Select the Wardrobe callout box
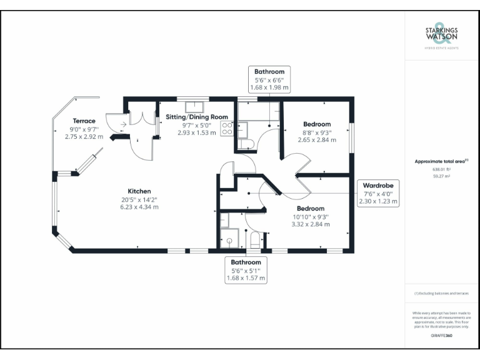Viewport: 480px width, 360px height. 378,193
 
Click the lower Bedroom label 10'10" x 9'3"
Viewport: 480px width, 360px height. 311,216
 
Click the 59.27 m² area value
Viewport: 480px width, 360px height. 441,176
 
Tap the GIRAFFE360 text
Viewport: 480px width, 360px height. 441,336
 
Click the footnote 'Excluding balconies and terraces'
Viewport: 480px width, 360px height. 441,293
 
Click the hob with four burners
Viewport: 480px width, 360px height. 227,128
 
